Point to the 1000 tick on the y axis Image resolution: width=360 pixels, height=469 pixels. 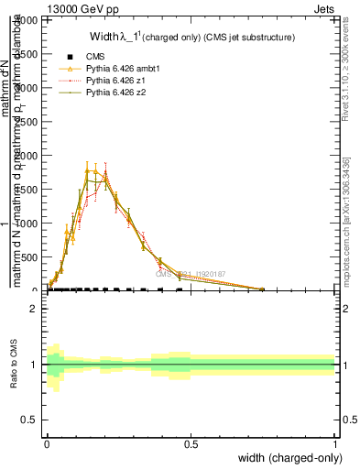pyautogui.click(x=32, y=224)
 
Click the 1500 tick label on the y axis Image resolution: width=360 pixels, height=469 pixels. pyautogui.click(x=32, y=190)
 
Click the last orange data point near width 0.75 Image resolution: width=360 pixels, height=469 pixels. pyautogui.click(x=263, y=289)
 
